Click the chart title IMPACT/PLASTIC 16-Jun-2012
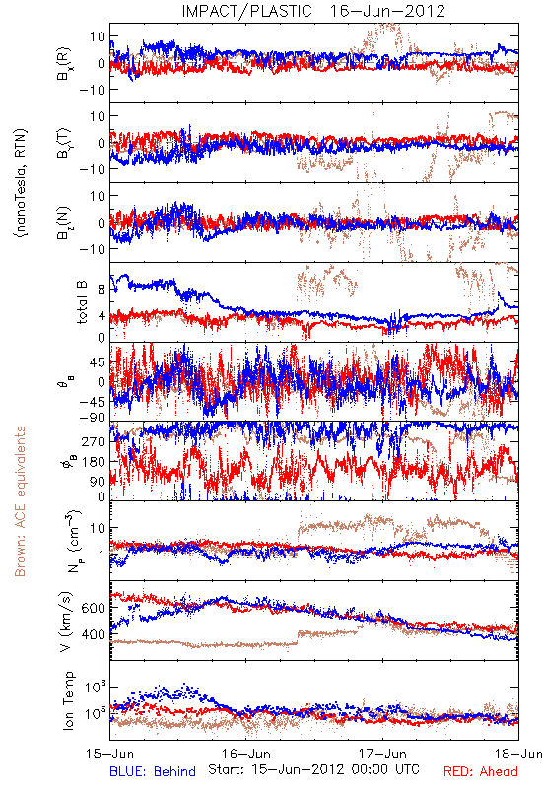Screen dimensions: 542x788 tap(313, 11)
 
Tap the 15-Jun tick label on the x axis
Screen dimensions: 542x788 tap(109, 754)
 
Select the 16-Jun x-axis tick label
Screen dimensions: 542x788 tap(246, 754)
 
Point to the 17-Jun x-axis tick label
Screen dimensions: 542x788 tap(382, 754)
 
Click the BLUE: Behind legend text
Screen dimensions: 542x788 tap(153, 772)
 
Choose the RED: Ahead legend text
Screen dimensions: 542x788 tap(481, 772)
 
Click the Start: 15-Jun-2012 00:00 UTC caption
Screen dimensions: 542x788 tap(313, 769)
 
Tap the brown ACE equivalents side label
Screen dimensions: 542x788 tap(20, 501)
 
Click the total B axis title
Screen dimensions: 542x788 tap(82, 301)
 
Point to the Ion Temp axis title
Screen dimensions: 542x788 tap(69, 700)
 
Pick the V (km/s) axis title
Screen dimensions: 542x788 tap(67, 622)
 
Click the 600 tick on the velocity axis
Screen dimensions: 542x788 tap(94, 608)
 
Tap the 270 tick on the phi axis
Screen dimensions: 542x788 tap(94, 441)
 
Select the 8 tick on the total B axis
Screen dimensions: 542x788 tap(102, 290)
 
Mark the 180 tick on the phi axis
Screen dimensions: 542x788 tap(94, 462)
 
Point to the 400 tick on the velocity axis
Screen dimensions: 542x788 tap(94, 634)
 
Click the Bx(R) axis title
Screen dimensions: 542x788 tap(64, 64)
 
